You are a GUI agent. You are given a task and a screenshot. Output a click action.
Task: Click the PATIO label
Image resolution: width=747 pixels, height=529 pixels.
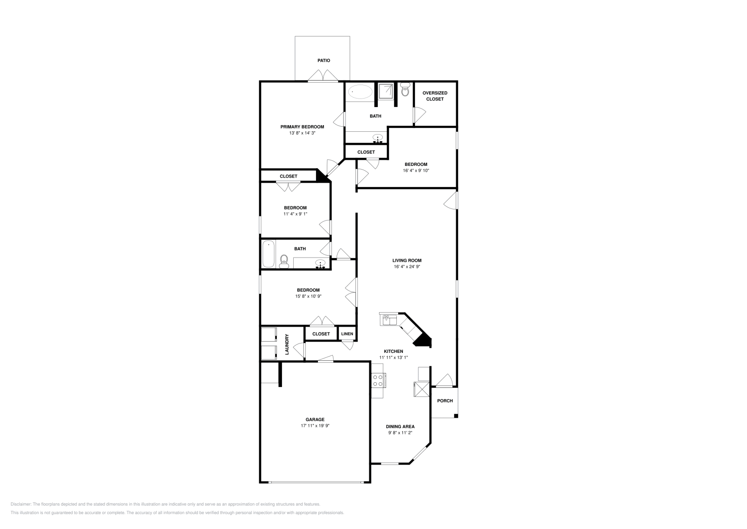(x=324, y=60)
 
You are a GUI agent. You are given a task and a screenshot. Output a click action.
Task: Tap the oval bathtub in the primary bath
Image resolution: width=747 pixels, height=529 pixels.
(x=360, y=92)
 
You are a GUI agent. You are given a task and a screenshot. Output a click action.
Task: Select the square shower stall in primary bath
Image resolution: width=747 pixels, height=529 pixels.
(x=386, y=92)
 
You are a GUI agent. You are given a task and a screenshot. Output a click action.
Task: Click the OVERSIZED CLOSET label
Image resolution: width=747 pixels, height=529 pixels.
(x=435, y=96)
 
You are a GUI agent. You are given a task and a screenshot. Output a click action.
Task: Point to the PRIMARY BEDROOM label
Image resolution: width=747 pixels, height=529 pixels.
(x=302, y=127)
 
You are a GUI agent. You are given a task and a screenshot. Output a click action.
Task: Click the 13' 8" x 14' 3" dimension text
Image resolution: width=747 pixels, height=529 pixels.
(x=302, y=133)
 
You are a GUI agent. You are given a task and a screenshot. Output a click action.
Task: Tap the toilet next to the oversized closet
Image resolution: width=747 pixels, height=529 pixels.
(x=405, y=89)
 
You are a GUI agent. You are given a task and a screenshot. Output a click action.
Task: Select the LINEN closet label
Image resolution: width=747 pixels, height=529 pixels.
(x=347, y=334)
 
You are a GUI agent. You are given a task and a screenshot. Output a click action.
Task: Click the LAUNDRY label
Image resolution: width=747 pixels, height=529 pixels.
(x=287, y=344)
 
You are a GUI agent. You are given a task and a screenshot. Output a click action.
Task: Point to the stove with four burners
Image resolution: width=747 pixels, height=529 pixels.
(x=379, y=380)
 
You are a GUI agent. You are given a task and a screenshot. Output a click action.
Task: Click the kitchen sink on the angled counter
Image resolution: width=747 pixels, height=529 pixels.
(x=388, y=320)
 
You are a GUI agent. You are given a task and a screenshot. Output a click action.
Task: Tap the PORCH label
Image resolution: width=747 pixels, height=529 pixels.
(x=445, y=400)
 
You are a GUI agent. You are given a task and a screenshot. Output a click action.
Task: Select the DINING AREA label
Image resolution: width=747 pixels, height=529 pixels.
(x=400, y=427)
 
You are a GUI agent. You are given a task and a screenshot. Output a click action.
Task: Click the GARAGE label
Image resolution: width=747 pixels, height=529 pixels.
(x=315, y=420)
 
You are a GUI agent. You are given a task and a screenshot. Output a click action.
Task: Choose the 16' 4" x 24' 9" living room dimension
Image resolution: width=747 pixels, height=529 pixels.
(x=407, y=267)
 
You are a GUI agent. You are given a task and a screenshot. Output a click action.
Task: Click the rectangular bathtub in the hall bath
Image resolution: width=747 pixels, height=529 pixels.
(x=268, y=254)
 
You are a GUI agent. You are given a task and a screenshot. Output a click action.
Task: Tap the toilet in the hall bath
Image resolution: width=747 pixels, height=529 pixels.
(x=284, y=262)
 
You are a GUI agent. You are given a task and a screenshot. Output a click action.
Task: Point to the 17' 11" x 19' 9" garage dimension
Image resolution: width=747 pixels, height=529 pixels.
(x=315, y=426)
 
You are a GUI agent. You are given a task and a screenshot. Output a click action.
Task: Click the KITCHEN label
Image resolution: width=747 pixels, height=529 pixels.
(x=394, y=351)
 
